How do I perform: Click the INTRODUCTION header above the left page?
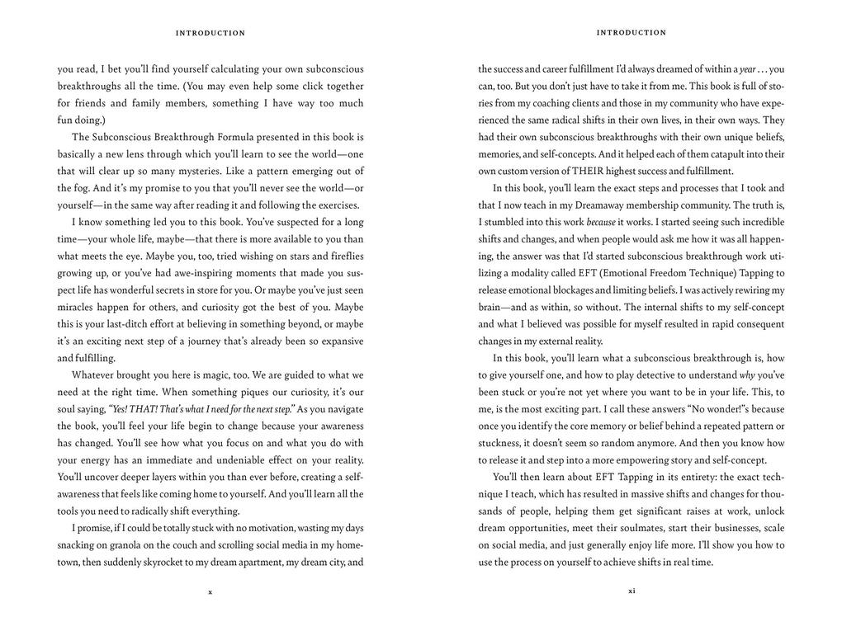coord(210,33)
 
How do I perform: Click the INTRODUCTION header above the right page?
coord(631,33)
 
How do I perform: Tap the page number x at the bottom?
coord(210,591)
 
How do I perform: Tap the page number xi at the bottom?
coord(631,591)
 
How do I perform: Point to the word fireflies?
coord(342,256)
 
